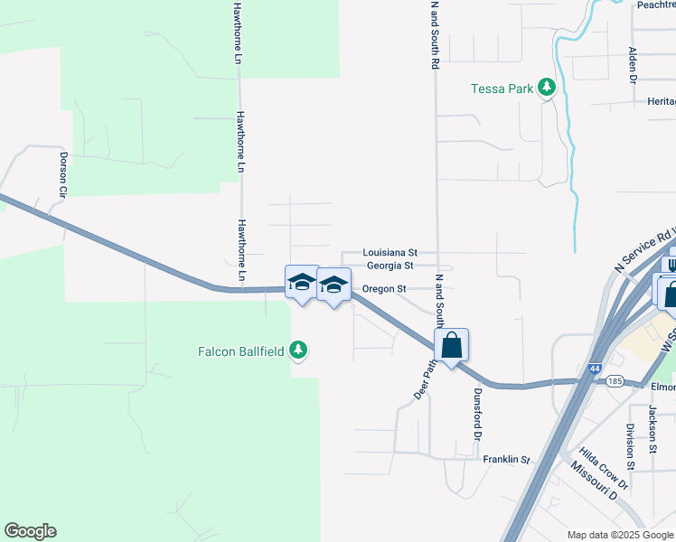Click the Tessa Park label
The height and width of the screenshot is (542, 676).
click(x=502, y=89)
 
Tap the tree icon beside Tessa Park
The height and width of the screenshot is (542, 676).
click(x=546, y=88)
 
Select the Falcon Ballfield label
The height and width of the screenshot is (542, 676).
click(x=241, y=350)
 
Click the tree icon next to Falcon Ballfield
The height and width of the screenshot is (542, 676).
click(x=298, y=350)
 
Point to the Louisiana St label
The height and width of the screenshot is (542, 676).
click(x=390, y=253)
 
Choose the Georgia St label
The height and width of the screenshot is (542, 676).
click(x=390, y=266)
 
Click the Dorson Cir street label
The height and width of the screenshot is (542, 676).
click(x=63, y=173)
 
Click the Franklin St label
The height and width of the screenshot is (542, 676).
click(x=505, y=460)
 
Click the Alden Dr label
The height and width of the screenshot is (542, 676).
click(x=634, y=65)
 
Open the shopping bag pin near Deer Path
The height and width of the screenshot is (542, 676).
click(x=452, y=345)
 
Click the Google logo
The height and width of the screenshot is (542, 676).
click(x=30, y=531)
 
